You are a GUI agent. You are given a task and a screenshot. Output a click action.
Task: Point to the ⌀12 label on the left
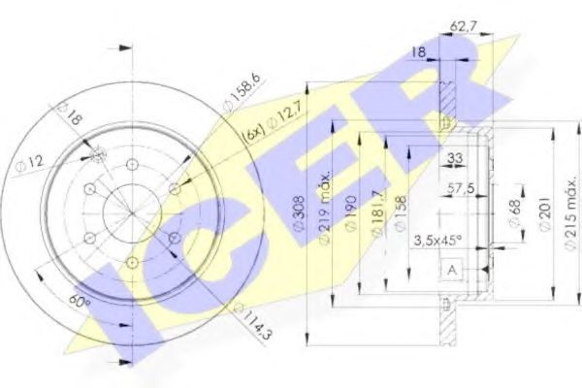(29, 164)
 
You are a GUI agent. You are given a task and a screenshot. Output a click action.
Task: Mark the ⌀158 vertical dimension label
(398, 215)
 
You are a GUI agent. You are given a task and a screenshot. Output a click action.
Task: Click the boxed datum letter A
(452, 270)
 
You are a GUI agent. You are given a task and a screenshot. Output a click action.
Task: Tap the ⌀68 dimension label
(513, 212)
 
